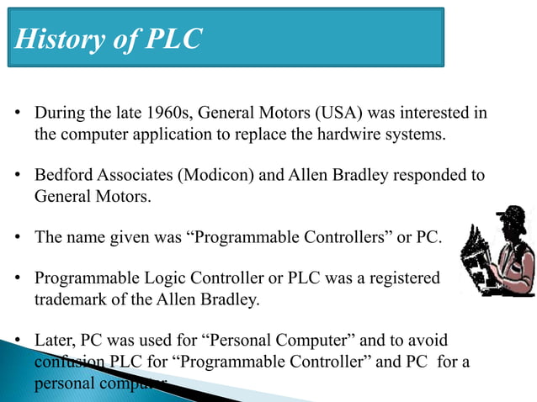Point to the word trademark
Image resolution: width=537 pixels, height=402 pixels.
click(71, 298)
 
